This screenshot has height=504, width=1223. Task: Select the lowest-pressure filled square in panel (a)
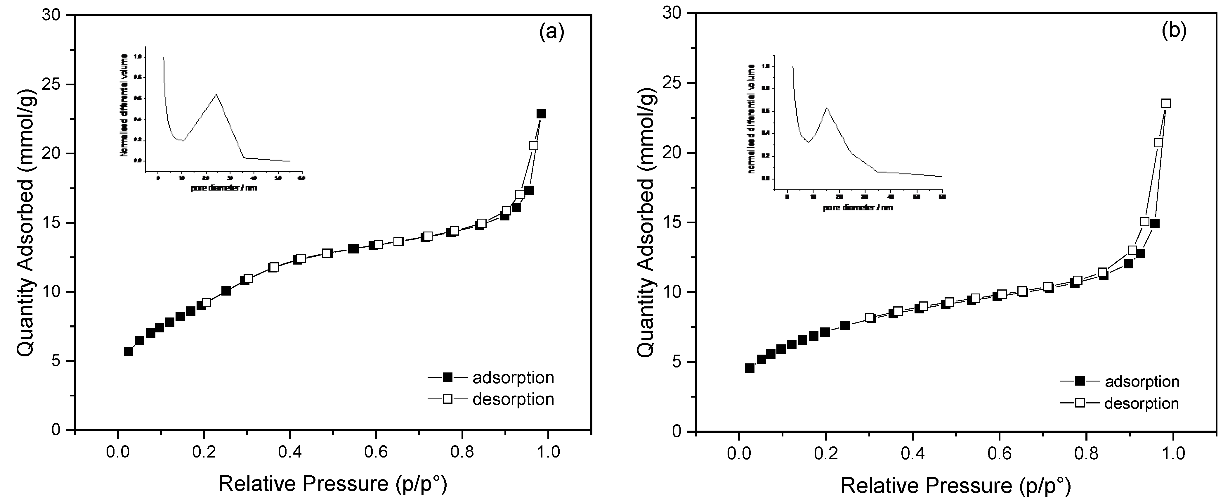[x=128, y=351]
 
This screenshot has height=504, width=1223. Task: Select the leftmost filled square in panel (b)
[x=750, y=368]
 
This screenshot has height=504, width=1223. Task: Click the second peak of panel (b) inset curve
[x=827, y=108]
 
